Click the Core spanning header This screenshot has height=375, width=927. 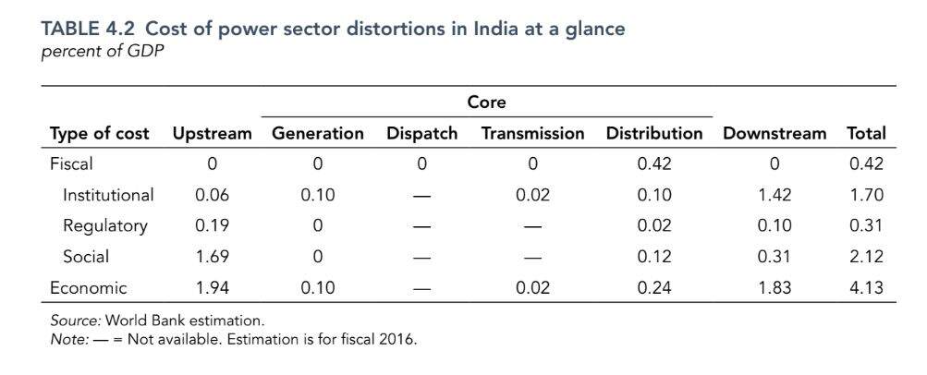(486, 103)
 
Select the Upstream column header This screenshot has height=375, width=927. (212, 134)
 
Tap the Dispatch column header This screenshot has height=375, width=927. (421, 134)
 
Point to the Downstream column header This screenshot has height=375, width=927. (774, 134)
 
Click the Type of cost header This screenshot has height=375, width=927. (99, 134)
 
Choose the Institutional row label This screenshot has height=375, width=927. (108, 195)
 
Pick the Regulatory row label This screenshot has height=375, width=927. (104, 225)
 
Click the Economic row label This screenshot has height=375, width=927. (88, 287)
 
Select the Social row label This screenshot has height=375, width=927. (86, 256)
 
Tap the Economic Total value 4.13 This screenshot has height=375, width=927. (866, 287)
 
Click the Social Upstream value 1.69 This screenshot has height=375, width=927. (212, 256)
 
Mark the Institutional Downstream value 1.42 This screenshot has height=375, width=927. (774, 195)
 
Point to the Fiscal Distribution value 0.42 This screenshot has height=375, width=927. (654, 164)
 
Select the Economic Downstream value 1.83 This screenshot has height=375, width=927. (774, 287)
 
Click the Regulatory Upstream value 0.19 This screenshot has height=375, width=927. (212, 225)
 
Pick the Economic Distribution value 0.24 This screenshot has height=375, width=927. (654, 287)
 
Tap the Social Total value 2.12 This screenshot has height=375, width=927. (866, 256)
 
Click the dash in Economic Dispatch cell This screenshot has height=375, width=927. (421, 287)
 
